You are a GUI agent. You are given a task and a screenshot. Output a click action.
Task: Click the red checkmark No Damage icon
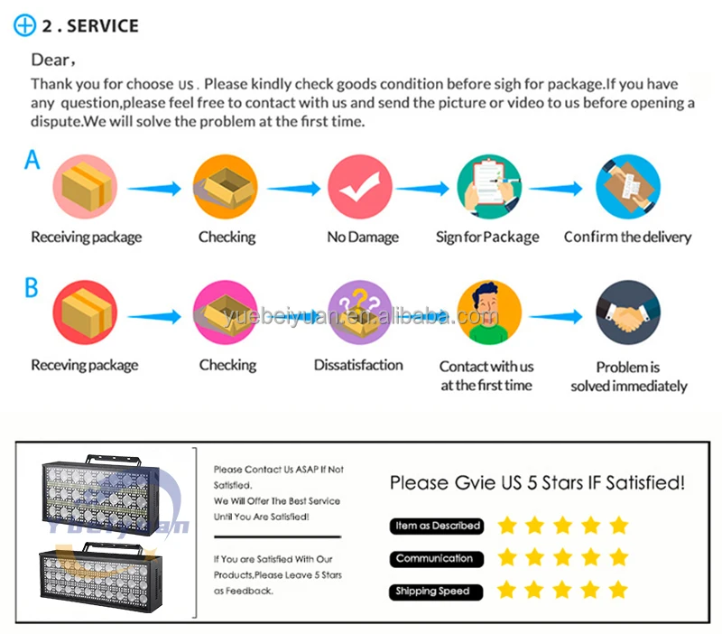360,187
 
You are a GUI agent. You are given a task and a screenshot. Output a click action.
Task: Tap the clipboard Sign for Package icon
490,187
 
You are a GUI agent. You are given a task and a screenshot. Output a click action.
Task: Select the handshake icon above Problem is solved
629,312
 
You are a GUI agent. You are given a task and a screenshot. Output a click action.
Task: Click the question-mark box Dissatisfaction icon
358,312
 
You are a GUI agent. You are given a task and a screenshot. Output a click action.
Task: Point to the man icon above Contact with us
488,312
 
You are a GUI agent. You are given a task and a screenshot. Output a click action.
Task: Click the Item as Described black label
438,526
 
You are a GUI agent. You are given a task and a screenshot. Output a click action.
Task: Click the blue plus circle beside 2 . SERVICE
24,25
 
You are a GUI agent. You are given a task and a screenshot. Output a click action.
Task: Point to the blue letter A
32,160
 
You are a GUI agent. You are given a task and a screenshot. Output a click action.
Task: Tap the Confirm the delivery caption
627,238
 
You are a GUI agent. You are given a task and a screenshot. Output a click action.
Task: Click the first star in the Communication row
506,557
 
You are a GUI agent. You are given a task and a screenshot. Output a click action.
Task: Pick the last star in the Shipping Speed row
618,591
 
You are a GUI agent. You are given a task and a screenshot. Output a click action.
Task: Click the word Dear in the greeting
51,61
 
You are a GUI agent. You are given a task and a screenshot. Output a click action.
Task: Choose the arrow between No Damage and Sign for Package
424,189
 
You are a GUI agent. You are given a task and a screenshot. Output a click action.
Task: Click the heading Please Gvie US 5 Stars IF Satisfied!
537,483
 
